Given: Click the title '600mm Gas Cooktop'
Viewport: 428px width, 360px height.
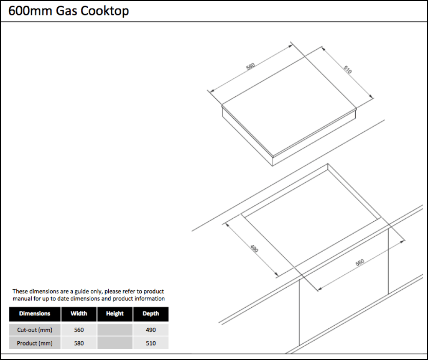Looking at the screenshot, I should [x=68, y=11].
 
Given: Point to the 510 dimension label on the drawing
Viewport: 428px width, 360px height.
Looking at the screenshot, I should [x=347, y=69].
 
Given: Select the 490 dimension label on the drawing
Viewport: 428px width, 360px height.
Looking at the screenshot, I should [x=254, y=248].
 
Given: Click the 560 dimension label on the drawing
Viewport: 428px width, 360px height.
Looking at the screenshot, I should [x=360, y=262].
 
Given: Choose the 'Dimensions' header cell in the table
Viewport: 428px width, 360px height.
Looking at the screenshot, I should [x=35, y=314].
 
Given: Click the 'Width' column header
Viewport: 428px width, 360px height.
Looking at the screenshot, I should [x=79, y=314].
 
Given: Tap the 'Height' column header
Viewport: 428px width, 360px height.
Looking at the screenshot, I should [x=115, y=314].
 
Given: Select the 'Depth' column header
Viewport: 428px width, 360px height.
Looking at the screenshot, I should [x=151, y=314].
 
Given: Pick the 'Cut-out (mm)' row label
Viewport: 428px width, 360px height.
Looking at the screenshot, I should [x=35, y=330].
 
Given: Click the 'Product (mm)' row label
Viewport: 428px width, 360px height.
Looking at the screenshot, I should [x=35, y=343].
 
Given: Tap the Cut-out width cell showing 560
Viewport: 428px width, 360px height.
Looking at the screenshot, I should [x=79, y=330].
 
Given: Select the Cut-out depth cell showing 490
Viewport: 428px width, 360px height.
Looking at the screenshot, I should [x=151, y=330].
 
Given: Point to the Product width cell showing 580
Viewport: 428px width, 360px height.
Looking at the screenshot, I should [x=79, y=343].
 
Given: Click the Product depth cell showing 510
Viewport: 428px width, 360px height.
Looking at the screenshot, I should [x=151, y=343].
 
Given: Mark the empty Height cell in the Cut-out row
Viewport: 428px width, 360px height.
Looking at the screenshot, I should [x=115, y=330].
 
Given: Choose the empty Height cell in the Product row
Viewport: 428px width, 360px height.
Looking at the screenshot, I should [x=115, y=343].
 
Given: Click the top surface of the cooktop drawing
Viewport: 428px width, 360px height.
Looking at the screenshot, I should [x=289, y=101].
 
